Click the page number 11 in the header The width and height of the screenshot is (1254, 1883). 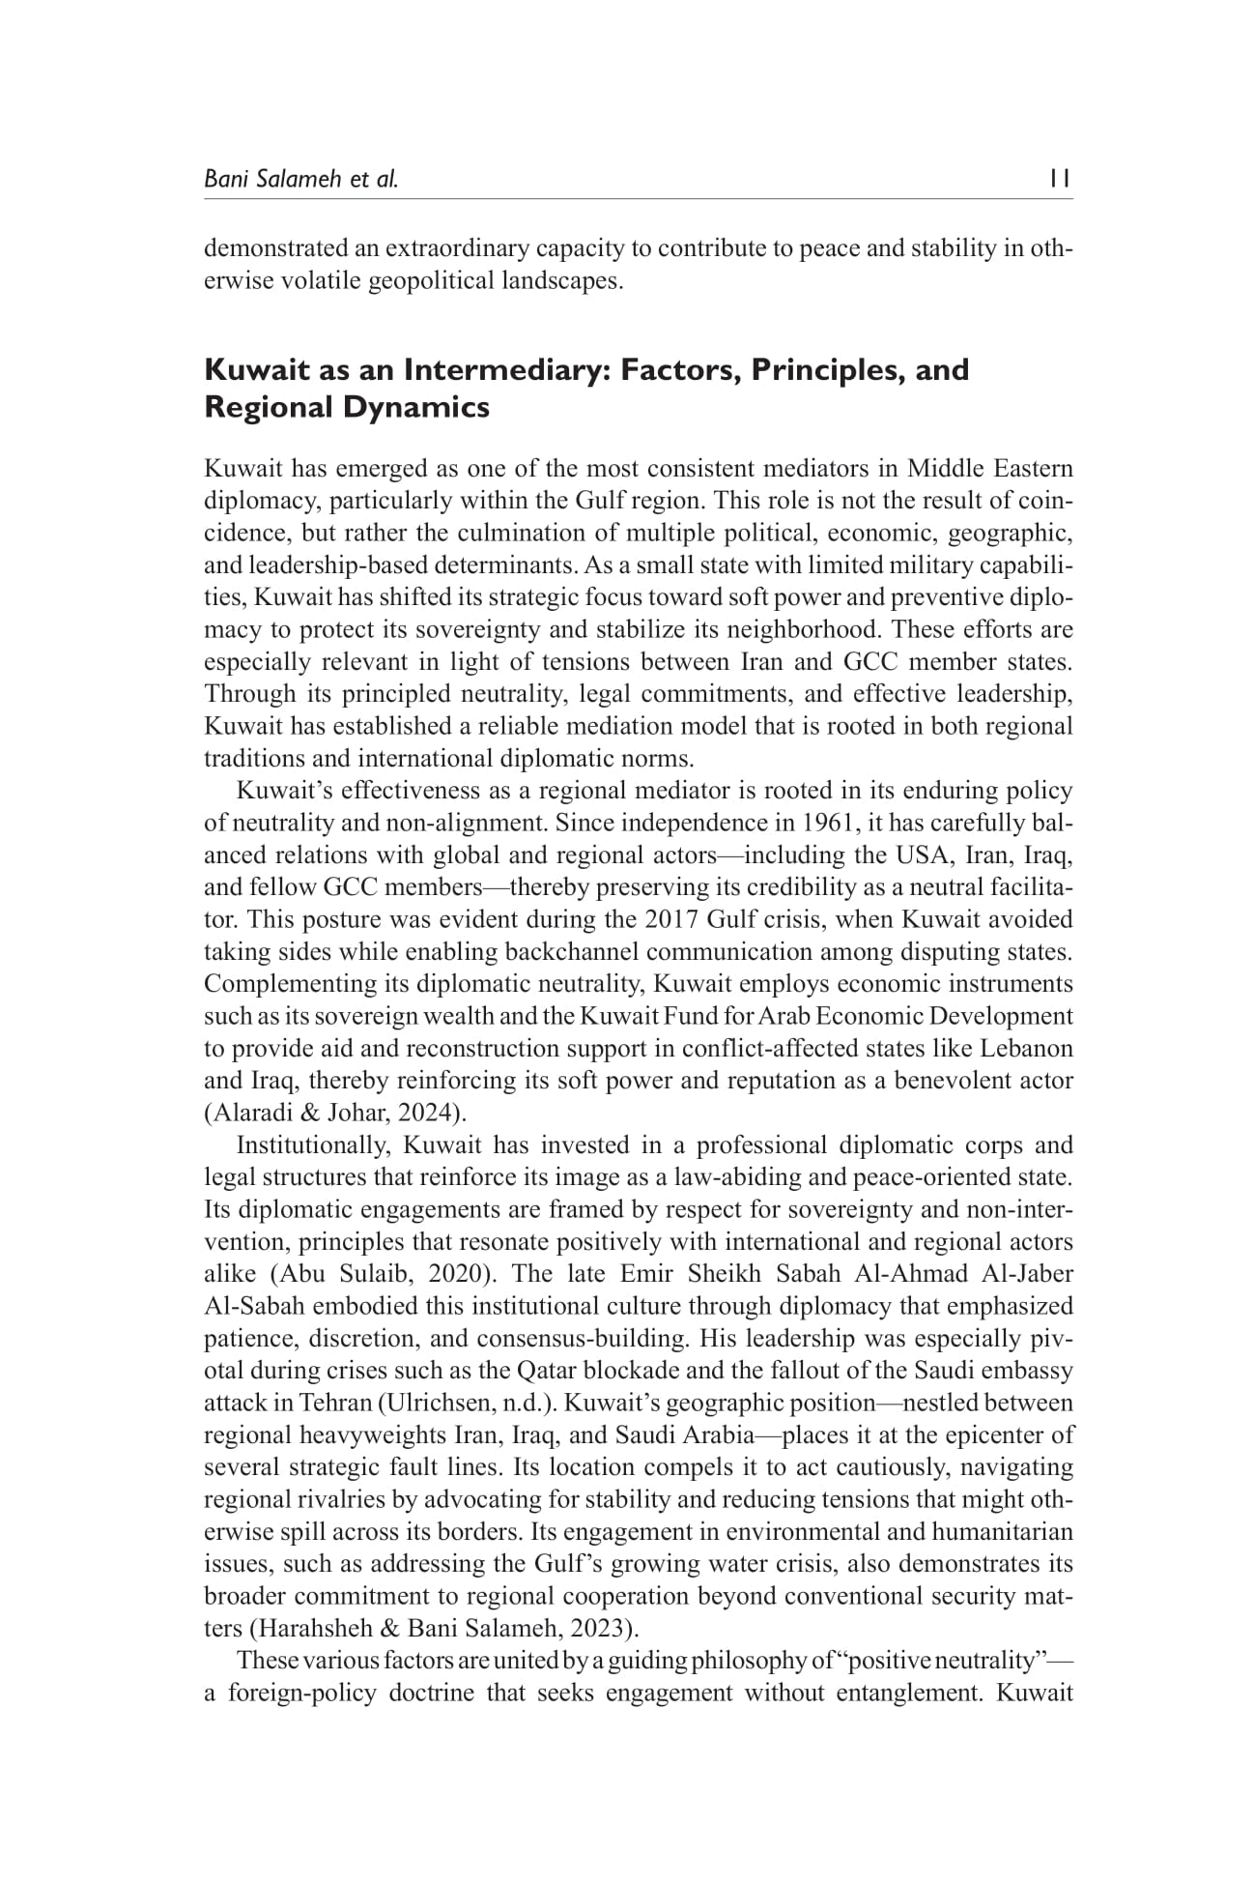tap(1060, 179)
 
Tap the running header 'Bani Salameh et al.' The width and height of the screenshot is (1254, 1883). tap(300, 179)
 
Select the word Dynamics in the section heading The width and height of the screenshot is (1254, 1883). tap(416, 408)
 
